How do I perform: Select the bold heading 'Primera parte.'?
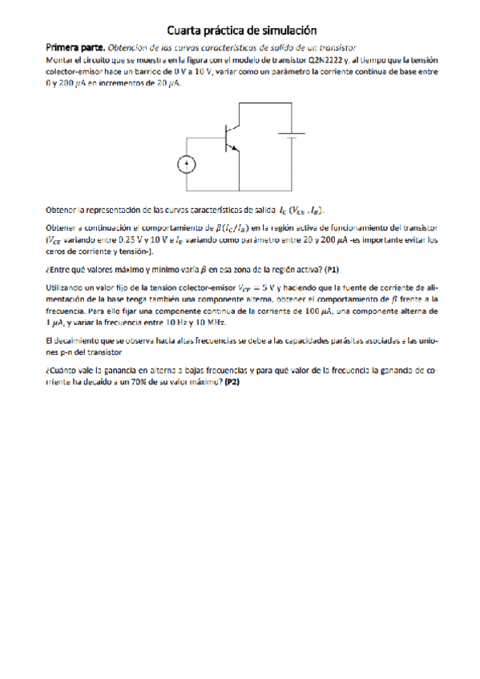[x=75, y=48]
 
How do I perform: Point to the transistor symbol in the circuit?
[x=232, y=137]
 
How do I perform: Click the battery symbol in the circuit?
[x=289, y=134]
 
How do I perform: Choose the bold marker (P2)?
[x=232, y=382]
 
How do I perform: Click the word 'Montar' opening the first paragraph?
[x=59, y=59]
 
